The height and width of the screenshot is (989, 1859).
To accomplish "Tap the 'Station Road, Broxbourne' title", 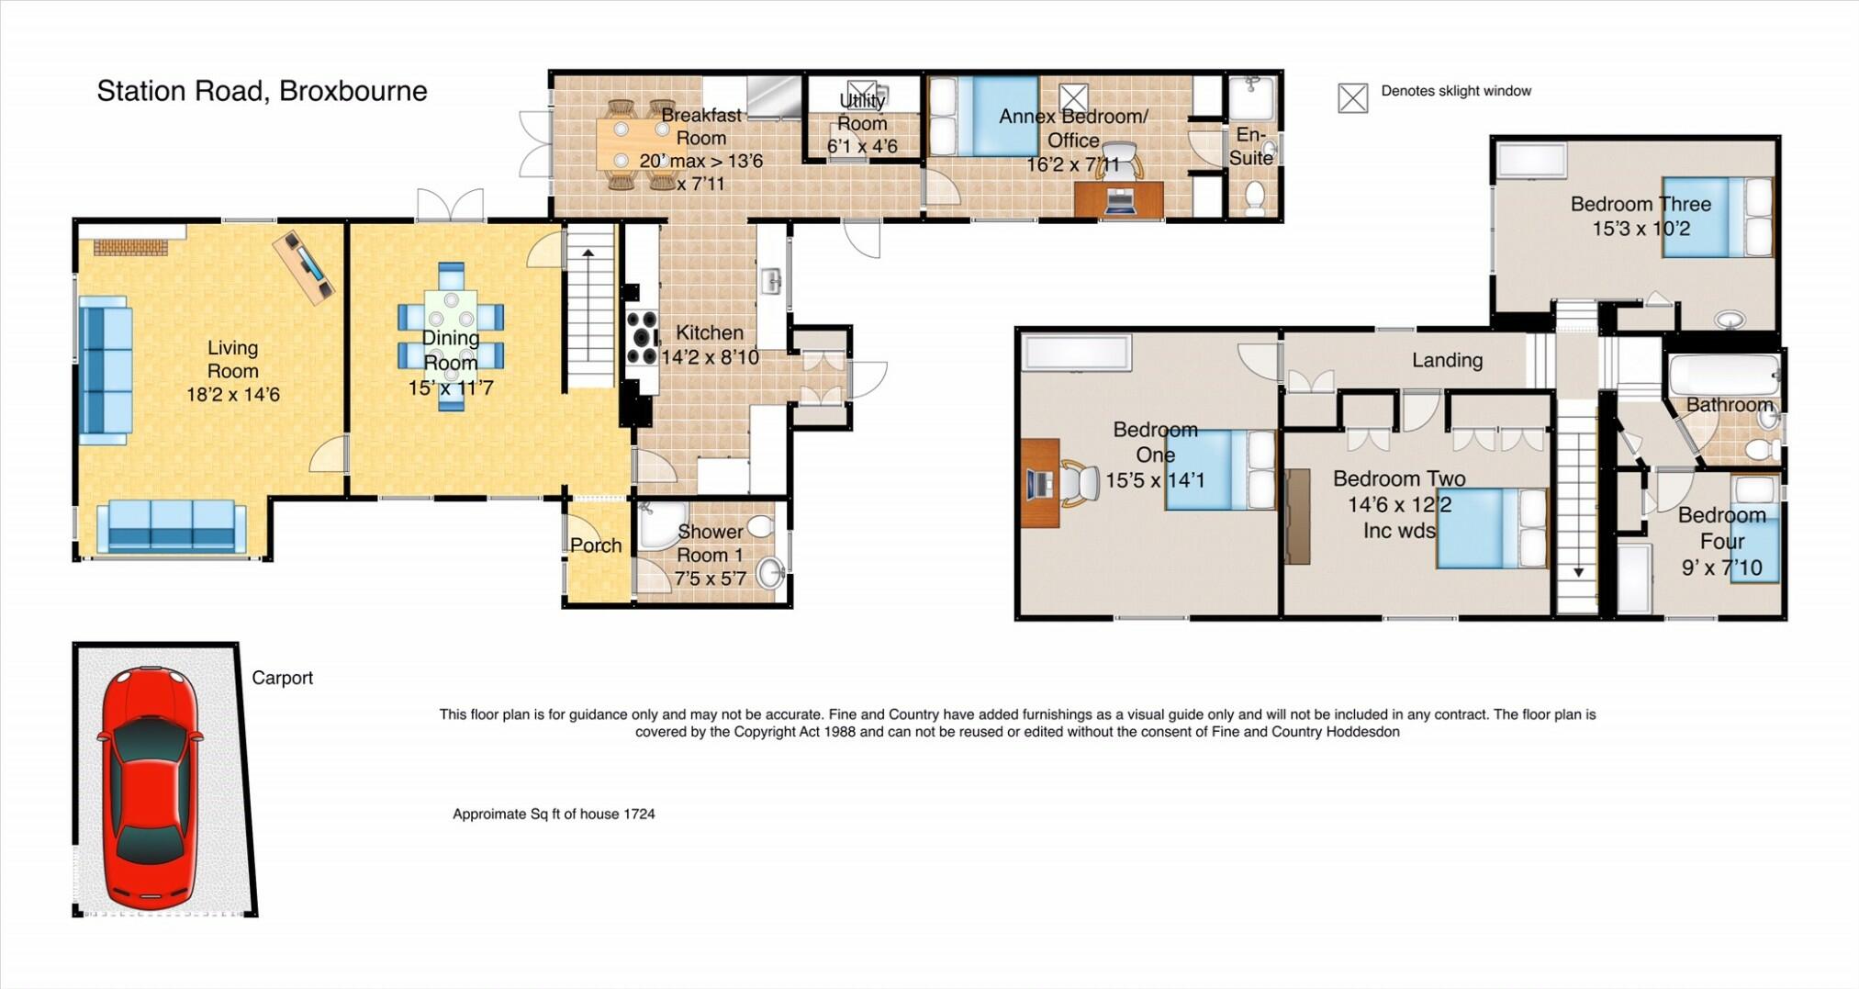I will point(262,91).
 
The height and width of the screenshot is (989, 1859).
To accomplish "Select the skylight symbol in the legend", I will point(1352,97).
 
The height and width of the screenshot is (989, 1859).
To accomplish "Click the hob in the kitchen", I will point(642,339).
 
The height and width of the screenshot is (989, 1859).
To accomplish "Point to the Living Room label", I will point(232,359).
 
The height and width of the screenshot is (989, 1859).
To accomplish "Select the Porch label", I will point(596,545).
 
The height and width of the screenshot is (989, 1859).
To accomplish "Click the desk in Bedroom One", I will point(1039,483).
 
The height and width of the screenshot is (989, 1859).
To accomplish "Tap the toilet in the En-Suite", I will point(1254,197).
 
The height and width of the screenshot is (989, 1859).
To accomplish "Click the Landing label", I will point(1447,360).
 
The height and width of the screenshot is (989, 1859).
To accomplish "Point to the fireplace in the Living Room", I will point(131,246).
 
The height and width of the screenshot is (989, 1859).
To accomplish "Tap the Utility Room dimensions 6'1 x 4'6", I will point(862,147).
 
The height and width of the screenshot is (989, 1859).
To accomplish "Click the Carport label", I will point(282,678).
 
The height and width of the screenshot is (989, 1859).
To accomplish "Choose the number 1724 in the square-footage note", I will point(639,814).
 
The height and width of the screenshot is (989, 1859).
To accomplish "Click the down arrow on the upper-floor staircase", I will point(1578,571).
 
